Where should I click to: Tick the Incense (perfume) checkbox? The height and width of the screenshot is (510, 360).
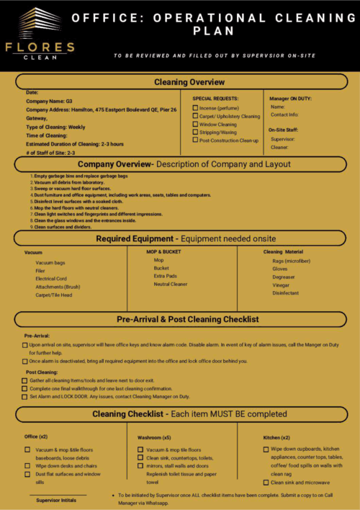(x=195, y=108)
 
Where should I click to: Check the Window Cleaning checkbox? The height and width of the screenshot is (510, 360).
(x=195, y=124)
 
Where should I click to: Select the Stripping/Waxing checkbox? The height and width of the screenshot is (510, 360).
(x=195, y=133)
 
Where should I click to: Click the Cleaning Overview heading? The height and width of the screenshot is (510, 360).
(x=189, y=82)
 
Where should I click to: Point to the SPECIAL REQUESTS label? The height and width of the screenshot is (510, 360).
(x=215, y=98)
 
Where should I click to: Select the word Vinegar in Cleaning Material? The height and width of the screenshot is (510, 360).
(x=281, y=285)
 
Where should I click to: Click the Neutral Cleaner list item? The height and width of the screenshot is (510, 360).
(x=171, y=284)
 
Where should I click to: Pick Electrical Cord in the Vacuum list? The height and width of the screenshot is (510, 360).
(x=51, y=278)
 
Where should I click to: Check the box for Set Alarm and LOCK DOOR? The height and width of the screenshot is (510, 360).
(x=25, y=397)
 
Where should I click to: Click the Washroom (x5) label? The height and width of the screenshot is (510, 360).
(x=154, y=437)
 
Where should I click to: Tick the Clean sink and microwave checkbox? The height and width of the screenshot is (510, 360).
(x=266, y=483)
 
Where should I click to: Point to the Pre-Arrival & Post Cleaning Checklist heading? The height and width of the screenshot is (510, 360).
(x=187, y=319)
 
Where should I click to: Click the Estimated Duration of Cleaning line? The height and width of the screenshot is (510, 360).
(x=74, y=144)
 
